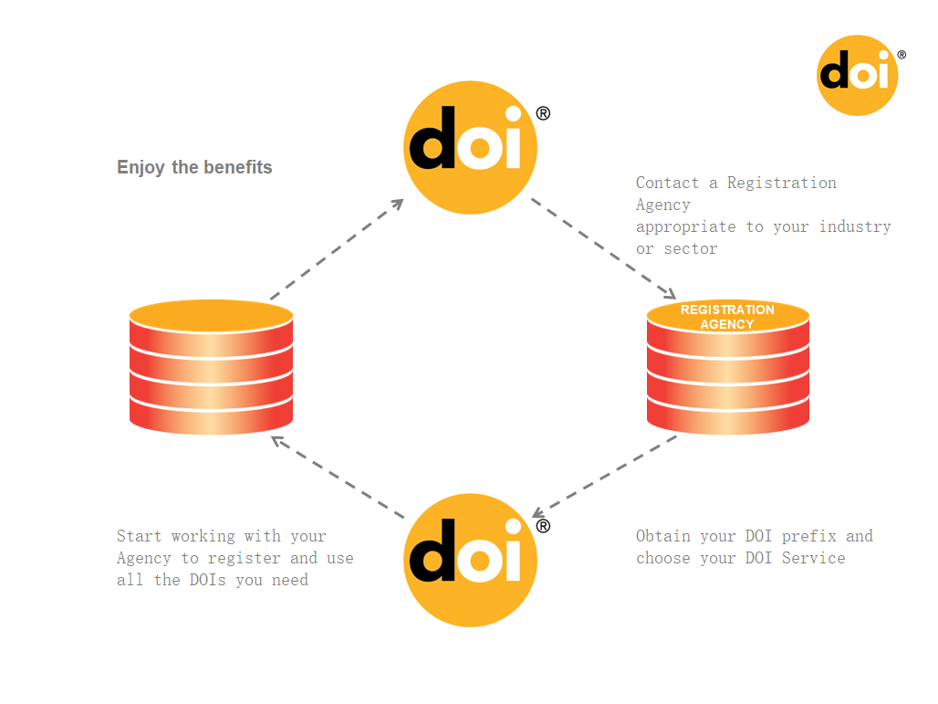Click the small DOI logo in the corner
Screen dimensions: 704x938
point(857,75)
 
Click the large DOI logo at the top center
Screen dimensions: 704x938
point(470,147)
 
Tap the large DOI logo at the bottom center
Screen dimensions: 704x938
point(470,560)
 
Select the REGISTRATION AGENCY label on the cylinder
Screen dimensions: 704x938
point(727,317)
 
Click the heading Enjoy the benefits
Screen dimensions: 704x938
point(194,167)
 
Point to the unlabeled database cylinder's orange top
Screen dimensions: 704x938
point(211,315)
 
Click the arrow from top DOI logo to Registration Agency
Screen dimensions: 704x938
point(603,247)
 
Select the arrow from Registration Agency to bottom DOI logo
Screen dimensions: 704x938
point(604,476)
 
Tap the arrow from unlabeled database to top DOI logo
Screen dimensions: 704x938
point(337,249)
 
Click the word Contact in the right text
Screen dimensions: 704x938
point(667,183)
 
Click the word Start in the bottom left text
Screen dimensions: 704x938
point(139,536)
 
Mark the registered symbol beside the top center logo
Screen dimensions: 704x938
point(543,114)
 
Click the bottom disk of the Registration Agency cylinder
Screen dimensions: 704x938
point(727,416)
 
